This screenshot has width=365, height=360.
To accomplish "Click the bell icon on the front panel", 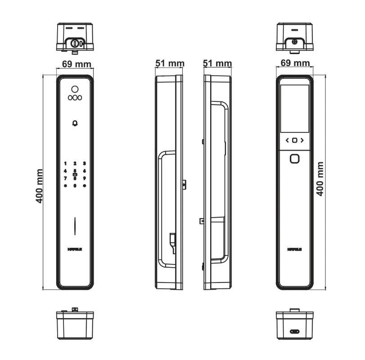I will (75, 123).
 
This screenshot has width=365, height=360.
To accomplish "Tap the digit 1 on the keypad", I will (65, 164).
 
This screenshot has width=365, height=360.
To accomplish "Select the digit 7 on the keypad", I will (65, 178).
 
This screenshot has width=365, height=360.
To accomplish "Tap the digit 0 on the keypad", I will (75, 186).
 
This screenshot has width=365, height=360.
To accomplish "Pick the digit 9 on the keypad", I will (84, 178).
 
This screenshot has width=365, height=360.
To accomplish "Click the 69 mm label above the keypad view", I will (75, 64).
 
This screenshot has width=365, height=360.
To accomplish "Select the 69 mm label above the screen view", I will (294, 64).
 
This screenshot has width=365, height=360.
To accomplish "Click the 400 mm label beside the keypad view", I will (40, 186).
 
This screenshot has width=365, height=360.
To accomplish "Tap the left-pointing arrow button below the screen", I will (287, 140).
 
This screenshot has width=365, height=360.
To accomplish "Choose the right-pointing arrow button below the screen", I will (302, 140).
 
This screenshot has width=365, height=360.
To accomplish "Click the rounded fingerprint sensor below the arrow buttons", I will (294, 159).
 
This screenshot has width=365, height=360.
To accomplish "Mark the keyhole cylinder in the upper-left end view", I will (75, 43).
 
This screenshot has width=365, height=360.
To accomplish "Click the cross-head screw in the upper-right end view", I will (294, 42).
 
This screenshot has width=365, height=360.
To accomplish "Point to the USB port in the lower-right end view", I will (294, 332).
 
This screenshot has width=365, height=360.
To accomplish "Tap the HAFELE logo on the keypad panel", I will (75, 248).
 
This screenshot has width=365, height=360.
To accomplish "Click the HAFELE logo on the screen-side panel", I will (294, 248).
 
